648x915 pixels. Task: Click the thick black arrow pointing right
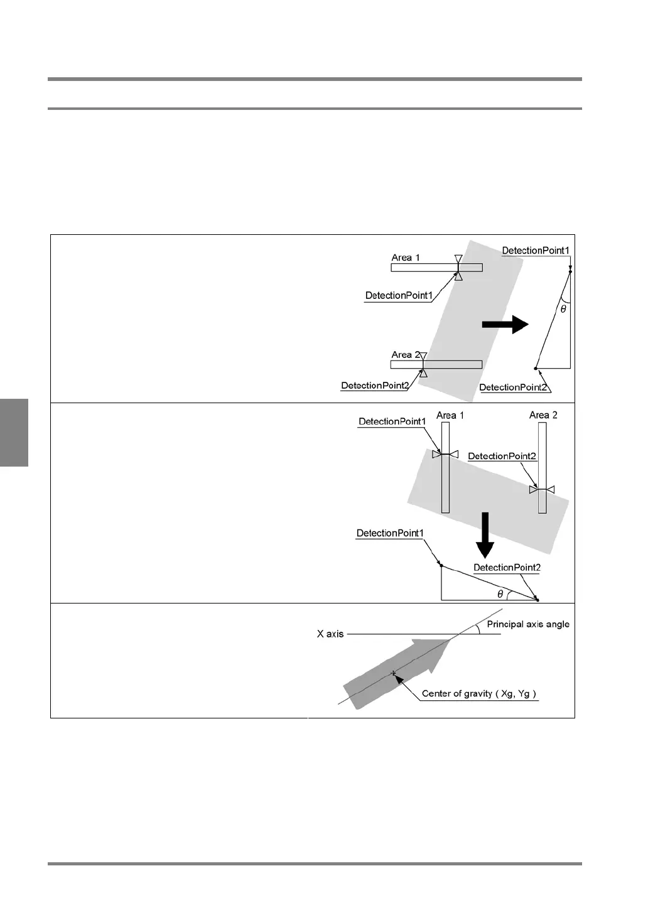[505, 324]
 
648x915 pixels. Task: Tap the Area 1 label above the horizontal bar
[406, 257]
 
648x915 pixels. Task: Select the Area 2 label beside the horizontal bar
[406, 355]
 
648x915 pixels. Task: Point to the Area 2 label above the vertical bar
[543, 415]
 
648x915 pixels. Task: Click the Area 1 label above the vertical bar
[450, 415]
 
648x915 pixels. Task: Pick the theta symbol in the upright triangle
[563, 309]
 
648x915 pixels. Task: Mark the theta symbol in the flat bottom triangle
[500, 594]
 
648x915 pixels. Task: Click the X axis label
[330, 634]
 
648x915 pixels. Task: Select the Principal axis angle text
[528, 624]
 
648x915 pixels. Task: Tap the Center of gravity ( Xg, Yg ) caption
[479, 694]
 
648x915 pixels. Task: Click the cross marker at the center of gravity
[394, 673]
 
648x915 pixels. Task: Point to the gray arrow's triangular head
[441, 653]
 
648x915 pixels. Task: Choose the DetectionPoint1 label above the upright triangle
[536, 251]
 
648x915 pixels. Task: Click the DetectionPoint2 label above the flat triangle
[507, 568]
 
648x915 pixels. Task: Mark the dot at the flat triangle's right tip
[537, 600]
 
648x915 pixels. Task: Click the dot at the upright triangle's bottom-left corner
[536, 368]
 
